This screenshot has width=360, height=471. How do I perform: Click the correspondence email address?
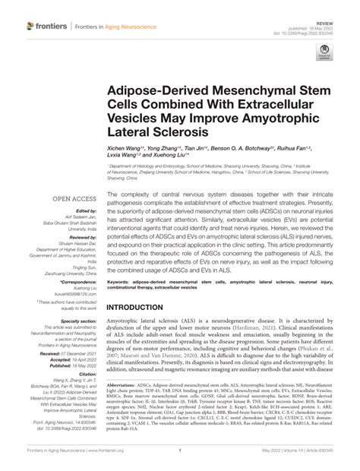(x=74, y=294)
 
